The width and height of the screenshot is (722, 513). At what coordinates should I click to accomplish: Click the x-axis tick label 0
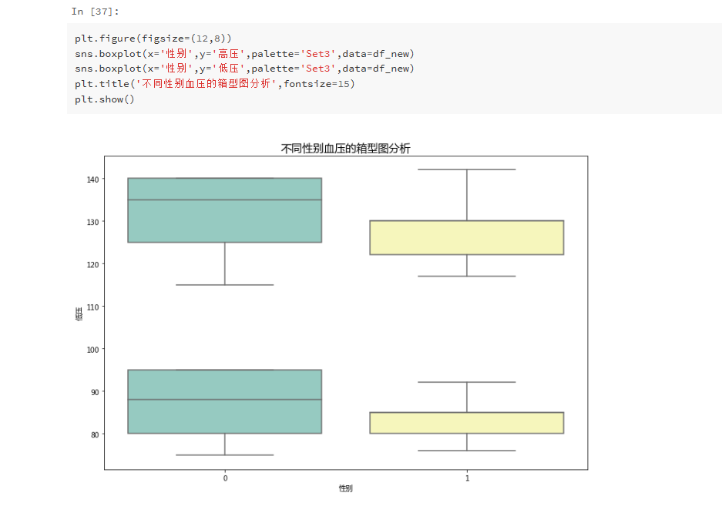(x=225, y=478)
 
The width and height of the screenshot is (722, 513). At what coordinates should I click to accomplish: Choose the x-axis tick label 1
(x=467, y=478)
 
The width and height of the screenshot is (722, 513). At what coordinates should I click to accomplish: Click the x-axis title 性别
(x=345, y=489)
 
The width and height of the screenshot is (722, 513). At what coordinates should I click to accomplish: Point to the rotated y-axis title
(x=79, y=313)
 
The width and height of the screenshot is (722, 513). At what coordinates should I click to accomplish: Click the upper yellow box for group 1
(x=467, y=237)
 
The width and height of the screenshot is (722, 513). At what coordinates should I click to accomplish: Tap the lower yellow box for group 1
(x=467, y=423)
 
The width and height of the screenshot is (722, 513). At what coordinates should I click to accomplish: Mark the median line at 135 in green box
(x=224, y=199)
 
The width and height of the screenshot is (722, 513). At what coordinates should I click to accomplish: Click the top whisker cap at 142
(x=467, y=169)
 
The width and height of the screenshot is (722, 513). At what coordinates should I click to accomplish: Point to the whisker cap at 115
(x=225, y=285)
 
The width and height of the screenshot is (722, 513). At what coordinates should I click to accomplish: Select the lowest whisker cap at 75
(x=225, y=455)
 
